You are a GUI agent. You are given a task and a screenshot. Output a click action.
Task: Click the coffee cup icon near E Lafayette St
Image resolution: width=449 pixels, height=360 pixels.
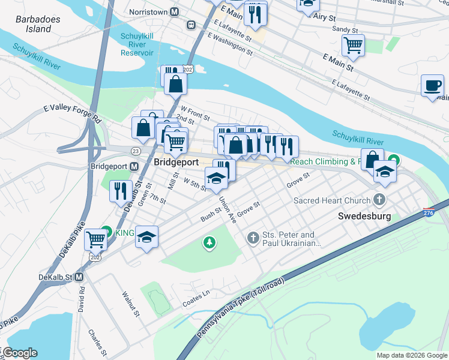tap(432, 86)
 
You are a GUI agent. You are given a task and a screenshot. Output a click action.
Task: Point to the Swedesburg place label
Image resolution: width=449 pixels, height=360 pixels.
tap(364, 216)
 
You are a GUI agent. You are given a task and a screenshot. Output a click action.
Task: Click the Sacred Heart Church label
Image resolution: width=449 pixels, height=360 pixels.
tap(331, 200)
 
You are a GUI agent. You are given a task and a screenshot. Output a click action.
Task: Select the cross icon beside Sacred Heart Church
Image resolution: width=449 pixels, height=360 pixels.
tap(379, 199)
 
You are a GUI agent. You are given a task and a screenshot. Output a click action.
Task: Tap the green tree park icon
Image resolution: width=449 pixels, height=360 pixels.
tap(209, 243)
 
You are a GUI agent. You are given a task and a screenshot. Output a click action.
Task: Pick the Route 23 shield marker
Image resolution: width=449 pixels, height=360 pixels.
tap(136, 151)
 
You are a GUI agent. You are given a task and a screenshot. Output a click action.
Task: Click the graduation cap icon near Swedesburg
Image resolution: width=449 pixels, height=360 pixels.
tap(384, 172)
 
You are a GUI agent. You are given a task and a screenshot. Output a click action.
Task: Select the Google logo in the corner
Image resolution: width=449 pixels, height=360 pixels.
tap(20, 353)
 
